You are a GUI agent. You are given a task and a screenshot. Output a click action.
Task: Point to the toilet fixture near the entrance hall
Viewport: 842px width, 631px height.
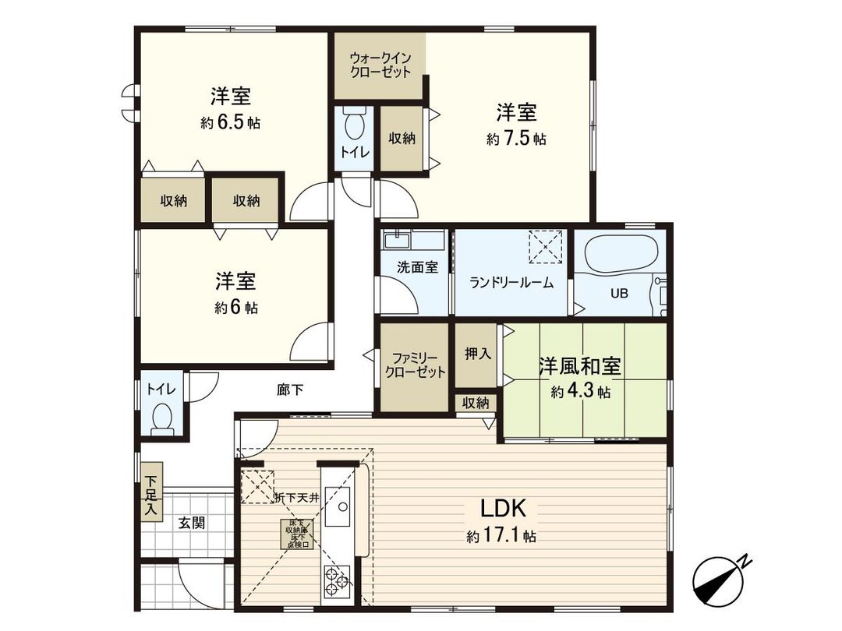pos(163,418)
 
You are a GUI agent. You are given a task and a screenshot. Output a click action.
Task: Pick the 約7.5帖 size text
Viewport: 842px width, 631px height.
pos(516,139)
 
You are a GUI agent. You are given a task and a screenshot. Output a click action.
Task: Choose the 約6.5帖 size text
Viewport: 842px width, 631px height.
pos(230,123)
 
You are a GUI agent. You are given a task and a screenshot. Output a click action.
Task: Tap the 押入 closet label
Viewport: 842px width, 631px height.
pos(478,354)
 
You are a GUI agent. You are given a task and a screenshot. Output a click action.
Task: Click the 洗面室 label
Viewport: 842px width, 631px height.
pos(417,266)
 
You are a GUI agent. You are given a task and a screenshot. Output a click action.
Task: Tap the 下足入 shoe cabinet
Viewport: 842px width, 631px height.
pos(150,493)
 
